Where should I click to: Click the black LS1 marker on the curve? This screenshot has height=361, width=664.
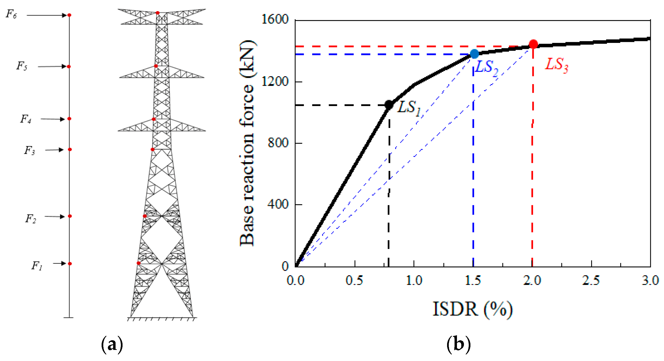pos(389,105)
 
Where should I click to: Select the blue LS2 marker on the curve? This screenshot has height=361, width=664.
pos(474,54)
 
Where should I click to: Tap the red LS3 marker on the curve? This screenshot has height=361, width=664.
pos(533,44)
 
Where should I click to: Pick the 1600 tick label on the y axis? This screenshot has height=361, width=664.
pos(275,19)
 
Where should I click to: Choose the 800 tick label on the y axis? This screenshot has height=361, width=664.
pos(278,143)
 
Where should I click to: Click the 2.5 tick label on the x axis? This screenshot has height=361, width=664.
pos(591,281)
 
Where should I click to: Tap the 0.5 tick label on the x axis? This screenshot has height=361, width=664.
pos(354,281)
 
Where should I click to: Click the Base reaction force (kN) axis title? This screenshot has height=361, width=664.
pos(247,143)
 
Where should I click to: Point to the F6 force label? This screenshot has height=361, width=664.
pos(11,14)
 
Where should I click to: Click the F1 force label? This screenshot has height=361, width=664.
pos(37,266)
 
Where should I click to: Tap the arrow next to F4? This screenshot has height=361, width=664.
pos(52,119)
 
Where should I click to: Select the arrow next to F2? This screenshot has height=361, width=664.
pos(54,216)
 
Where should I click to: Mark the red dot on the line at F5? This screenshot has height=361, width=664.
pos(69,67)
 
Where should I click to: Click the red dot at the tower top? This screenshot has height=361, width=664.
pos(157,13)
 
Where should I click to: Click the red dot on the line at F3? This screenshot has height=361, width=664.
pos(70,149)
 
